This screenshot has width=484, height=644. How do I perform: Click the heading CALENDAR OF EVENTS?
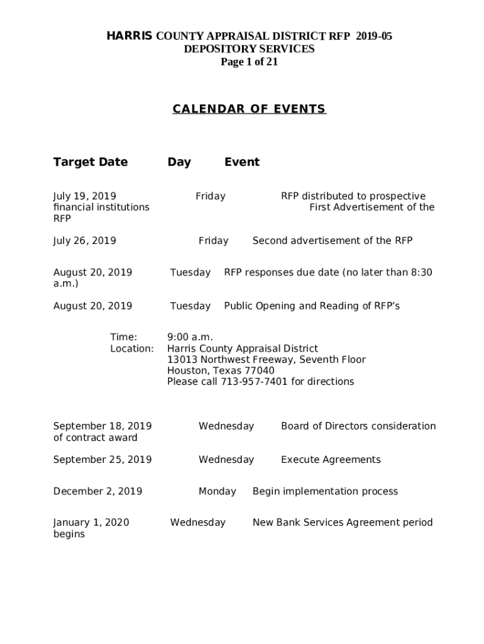tap(249, 109)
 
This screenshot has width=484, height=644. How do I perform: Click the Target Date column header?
tap(91, 162)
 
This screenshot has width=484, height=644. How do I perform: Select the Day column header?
tap(179, 162)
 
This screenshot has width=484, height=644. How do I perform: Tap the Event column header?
tap(242, 162)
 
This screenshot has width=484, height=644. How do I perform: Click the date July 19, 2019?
tap(85, 196)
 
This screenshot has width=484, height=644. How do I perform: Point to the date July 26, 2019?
tap(85, 241)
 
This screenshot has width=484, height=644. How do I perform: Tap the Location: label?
tap(132, 348)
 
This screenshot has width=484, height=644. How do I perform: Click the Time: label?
tap(124, 338)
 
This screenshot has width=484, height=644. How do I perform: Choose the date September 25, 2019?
tap(102, 460)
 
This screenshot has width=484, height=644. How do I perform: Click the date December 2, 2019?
tap(98, 491)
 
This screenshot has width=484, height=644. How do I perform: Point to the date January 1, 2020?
tap(91, 523)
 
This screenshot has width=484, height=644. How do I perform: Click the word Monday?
tap(217, 491)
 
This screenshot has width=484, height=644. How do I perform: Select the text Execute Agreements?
tap(331, 460)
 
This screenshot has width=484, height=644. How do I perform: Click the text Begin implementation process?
tap(325, 491)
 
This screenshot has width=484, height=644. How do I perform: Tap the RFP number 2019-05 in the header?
tap(374, 36)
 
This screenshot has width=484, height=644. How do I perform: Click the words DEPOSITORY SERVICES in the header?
tap(249, 49)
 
